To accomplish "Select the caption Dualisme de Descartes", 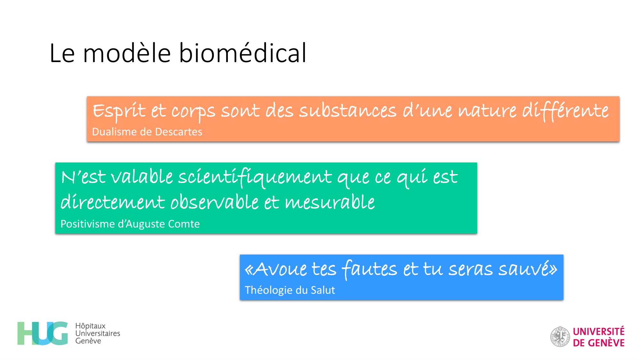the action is coord(147,132).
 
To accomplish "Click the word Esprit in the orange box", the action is coord(119,111).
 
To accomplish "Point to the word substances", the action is coord(348,111).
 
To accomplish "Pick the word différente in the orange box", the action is coord(565,111).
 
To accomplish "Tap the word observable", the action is coord(214,202).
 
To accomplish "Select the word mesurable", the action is coord(330,202).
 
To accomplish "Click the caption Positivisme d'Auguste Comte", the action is coord(130,224).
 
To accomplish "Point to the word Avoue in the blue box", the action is coord(280,269).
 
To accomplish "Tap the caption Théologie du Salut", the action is coord(290,290).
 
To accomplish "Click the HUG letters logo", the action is coord(43,333).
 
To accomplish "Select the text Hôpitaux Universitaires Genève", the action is coord(98,333).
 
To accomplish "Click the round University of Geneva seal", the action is coord(560,337).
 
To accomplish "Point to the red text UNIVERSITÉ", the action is coord(599,331).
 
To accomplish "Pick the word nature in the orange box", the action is coord(487,111).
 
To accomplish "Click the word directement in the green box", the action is coord(113,202).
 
